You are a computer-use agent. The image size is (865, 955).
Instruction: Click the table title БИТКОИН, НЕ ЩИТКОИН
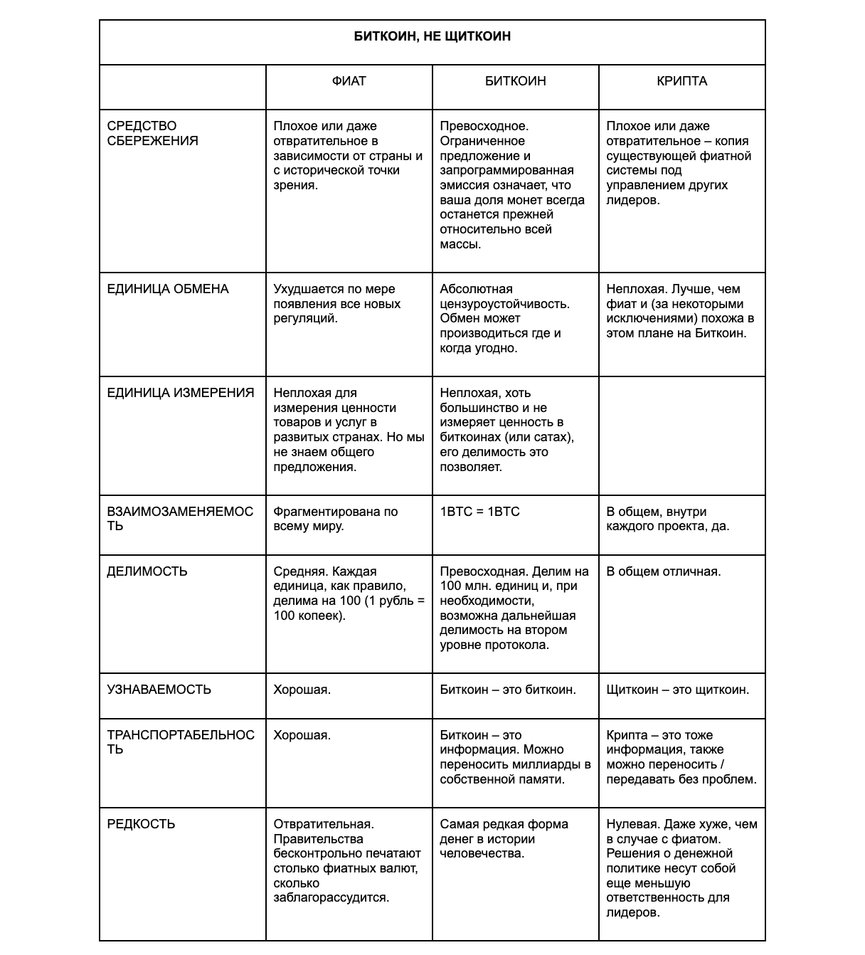tap(432, 36)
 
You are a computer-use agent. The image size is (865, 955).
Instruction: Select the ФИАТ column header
tap(349, 81)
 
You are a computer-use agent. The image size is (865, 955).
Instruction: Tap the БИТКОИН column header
tap(515, 81)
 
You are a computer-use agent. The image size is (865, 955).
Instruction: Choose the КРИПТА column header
tap(681, 81)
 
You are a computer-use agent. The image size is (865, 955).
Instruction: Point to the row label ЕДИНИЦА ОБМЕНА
tap(168, 289)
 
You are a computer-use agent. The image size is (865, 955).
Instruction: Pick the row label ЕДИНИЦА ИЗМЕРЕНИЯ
tap(180, 393)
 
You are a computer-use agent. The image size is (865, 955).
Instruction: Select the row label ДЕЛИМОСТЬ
tap(147, 571)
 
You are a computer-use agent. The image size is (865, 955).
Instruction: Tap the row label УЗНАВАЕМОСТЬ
tap(159, 690)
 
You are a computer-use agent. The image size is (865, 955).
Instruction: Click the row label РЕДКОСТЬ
tap(141, 824)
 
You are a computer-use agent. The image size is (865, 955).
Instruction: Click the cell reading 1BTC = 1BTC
tap(479, 512)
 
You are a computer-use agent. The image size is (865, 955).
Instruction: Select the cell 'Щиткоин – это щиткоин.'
tap(677, 690)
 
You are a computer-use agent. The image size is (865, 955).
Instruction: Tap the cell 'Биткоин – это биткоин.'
tap(508, 690)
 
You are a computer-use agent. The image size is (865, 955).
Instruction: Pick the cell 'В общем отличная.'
tap(663, 571)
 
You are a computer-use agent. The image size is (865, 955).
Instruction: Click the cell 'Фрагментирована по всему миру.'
tap(335, 519)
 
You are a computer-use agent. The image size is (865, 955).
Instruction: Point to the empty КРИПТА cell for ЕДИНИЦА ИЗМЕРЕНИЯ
tap(681, 436)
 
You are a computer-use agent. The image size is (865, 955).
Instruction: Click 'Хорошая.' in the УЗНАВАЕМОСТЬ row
tap(302, 690)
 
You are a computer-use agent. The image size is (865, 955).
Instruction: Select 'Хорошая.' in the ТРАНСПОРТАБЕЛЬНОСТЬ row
tap(302, 735)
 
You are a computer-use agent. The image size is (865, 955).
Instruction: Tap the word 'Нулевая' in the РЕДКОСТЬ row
tap(632, 824)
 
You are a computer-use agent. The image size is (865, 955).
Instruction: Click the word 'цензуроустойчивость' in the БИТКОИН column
tap(504, 304)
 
